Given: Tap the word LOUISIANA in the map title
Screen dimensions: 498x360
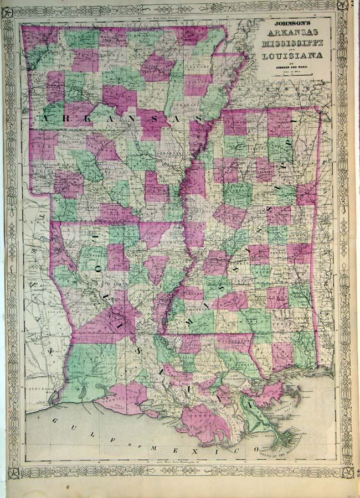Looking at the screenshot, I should [x=290, y=55].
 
